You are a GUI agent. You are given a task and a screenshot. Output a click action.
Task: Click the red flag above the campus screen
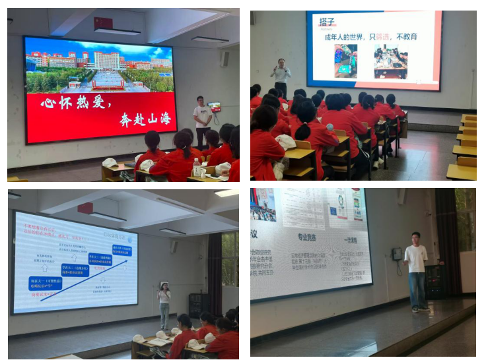coord(103,23)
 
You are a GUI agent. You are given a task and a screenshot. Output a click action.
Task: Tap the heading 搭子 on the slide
coord(327,22)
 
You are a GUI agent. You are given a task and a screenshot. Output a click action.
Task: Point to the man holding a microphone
coord(281,77)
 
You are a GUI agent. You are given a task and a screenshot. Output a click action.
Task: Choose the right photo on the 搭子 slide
coord(391,61)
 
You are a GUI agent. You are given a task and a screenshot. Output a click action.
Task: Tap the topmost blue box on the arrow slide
coord(121,251)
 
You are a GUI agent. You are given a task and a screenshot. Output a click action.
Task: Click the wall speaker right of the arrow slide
coord(174,246)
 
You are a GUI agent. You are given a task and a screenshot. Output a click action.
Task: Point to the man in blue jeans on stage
coord(415,270)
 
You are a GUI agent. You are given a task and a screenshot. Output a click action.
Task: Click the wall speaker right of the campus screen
coord(225,59)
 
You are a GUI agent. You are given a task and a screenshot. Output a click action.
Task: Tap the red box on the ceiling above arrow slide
coord(85,208)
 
